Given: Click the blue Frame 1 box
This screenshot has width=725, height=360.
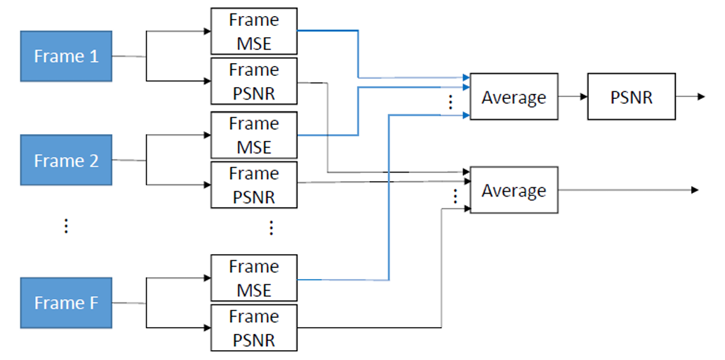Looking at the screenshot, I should click(x=66, y=56).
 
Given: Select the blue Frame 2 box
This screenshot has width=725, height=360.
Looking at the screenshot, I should click(x=66, y=161).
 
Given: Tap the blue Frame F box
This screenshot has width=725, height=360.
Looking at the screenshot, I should click(x=66, y=303).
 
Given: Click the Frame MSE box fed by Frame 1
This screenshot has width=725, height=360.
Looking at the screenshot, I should click(x=254, y=32).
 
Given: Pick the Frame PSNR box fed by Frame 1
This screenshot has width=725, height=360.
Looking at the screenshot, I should click(x=254, y=81).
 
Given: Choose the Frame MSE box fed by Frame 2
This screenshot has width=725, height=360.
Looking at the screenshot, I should click(x=254, y=135).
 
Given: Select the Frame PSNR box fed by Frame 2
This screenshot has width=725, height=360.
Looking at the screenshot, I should click(x=254, y=185).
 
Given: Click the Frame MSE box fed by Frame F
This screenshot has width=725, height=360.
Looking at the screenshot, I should click(x=254, y=278).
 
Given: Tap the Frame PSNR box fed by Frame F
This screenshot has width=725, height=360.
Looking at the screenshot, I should click(x=254, y=328).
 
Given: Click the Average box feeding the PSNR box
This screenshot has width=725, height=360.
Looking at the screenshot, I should click(x=514, y=97).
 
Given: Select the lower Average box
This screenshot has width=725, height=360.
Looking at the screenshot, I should click(x=514, y=190).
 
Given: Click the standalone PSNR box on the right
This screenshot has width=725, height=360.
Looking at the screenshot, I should click(x=631, y=97).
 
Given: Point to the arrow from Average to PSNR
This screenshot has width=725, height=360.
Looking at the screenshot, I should click(x=573, y=97).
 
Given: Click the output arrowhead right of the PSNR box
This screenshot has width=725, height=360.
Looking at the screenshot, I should click(x=700, y=97).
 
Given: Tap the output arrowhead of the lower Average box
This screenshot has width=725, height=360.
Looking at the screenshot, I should click(x=694, y=190).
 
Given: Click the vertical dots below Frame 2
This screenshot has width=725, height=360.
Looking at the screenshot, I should click(x=66, y=226).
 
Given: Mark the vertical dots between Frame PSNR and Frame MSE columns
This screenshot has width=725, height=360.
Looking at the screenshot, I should click(x=272, y=227).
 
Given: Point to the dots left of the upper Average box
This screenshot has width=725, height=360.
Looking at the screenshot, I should click(x=451, y=102).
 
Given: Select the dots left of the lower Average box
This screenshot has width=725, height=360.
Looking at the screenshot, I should click(x=455, y=196).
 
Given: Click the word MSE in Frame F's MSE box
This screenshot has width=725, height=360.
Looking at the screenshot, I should click(x=254, y=290).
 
